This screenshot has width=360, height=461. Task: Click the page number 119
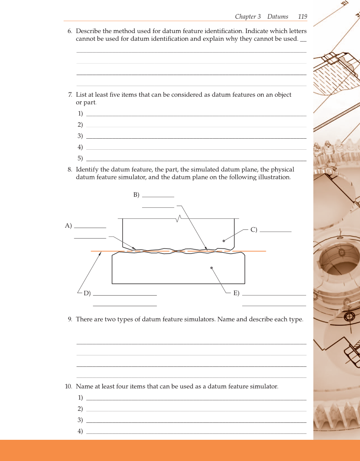(x=302, y=17)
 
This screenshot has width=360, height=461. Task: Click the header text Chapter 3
(x=248, y=17)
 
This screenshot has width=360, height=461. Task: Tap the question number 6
(x=70, y=31)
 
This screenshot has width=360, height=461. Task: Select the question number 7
(x=70, y=95)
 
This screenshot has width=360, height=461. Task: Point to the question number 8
(x=70, y=170)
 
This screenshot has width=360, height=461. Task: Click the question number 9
(x=70, y=319)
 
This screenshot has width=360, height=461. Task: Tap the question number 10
(x=68, y=386)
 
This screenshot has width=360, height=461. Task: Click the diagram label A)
(x=68, y=226)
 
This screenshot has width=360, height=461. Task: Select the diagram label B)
(x=136, y=195)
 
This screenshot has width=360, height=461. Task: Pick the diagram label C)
(x=254, y=230)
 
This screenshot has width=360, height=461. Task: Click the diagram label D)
(x=87, y=293)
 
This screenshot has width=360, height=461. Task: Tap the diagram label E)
(x=236, y=293)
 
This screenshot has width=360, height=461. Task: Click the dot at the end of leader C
(x=223, y=240)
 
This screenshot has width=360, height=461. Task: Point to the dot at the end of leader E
(x=211, y=268)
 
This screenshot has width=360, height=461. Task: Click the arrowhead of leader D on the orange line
(x=100, y=252)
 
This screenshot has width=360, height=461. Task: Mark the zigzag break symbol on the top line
(x=179, y=218)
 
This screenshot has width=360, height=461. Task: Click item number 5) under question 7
(x=80, y=159)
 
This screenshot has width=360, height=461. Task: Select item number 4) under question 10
(x=80, y=431)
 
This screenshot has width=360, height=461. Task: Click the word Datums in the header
(x=277, y=17)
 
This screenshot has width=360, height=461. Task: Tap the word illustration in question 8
(x=274, y=177)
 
